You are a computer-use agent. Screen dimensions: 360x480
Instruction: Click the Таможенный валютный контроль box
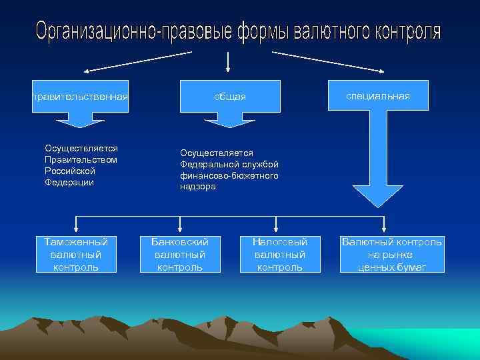click(x=76, y=254)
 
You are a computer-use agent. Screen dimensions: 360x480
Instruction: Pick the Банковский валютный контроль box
click(x=180, y=254)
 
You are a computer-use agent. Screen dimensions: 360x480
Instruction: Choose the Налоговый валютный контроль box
click(x=280, y=254)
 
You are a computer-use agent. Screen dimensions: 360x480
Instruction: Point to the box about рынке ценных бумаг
click(x=391, y=254)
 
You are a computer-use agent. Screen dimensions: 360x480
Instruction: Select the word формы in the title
click(x=262, y=31)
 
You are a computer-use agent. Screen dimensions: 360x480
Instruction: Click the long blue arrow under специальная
click(x=378, y=167)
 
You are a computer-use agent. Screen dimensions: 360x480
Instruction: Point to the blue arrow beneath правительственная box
click(x=80, y=121)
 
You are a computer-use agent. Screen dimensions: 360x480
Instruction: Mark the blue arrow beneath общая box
click(x=229, y=121)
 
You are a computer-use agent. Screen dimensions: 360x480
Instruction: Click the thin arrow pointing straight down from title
click(x=229, y=61)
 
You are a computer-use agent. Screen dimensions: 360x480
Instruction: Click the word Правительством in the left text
click(x=81, y=159)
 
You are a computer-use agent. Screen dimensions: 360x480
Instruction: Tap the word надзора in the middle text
click(x=197, y=187)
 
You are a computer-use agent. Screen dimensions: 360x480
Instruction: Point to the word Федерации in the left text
click(x=69, y=182)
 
